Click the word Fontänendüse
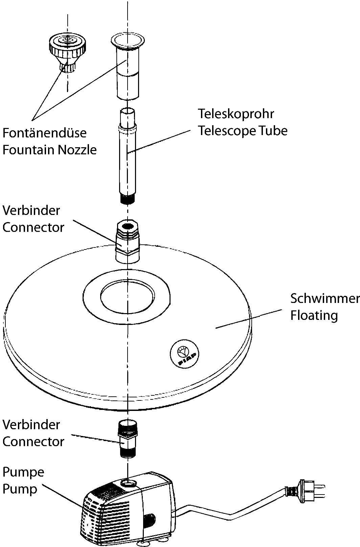click(x=44, y=133)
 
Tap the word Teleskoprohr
click(x=236, y=114)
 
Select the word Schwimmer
click(x=324, y=299)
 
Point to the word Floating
click(x=314, y=315)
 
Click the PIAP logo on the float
click(x=184, y=354)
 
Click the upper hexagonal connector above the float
click(x=128, y=240)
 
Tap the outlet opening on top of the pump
click(x=129, y=482)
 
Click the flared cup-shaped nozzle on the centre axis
click(x=128, y=68)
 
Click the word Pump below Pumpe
click(x=20, y=489)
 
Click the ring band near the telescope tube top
click(x=127, y=129)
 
